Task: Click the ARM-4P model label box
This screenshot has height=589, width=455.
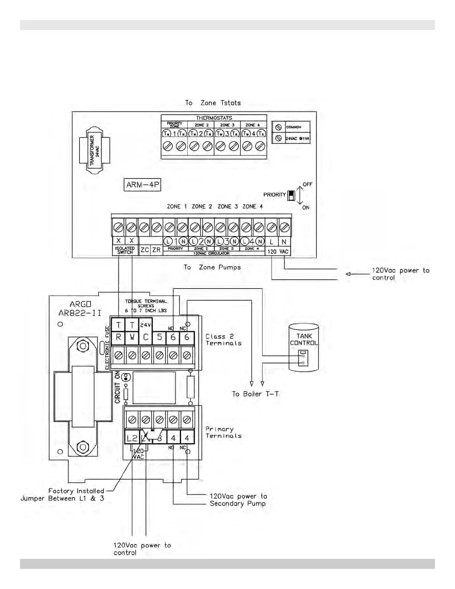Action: [x=142, y=185]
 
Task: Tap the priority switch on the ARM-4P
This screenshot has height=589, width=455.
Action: [x=291, y=195]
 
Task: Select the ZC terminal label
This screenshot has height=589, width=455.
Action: [x=145, y=250]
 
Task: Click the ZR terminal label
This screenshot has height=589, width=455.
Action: [x=156, y=250]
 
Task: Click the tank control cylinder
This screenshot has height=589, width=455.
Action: [x=304, y=347]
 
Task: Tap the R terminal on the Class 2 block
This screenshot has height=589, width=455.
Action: [x=119, y=337]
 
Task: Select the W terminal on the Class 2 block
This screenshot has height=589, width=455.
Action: [x=132, y=337]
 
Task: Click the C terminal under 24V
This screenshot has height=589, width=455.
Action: [x=146, y=337]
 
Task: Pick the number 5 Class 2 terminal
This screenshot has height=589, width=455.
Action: [x=159, y=337]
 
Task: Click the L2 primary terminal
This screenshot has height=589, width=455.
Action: [x=132, y=438]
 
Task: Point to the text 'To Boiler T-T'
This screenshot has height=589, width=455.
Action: [x=255, y=394]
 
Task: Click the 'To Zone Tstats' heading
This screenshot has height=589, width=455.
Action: [x=213, y=103]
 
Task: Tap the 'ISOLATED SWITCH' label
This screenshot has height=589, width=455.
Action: [x=125, y=250]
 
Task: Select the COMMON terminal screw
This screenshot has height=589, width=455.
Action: [x=278, y=127]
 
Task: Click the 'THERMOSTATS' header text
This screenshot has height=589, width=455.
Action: [x=214, y=118]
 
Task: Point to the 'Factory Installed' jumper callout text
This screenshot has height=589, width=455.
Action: [x=76, y=491]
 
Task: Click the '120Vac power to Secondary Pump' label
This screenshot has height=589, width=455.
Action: [x=238, y=500]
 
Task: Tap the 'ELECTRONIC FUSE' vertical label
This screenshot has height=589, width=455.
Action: [x=107, y=348]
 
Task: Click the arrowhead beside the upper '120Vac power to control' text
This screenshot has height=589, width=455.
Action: [x=348, y=274]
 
